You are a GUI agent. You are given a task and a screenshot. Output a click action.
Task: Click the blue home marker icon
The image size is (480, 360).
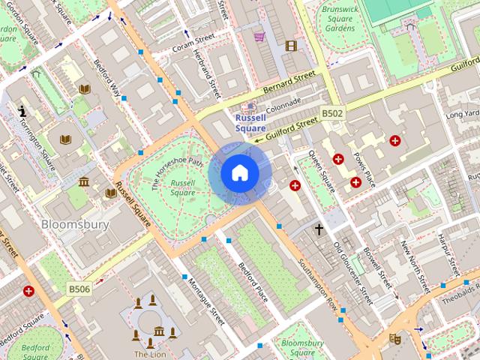click(240, 172)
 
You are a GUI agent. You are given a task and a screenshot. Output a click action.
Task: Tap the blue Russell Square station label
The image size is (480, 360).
click(250, 123)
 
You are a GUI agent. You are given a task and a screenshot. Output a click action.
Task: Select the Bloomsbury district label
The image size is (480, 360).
click(75, 224)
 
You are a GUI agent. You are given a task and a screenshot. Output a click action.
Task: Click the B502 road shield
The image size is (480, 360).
click(332, 113)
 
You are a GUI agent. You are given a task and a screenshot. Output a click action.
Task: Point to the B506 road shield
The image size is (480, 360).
click(79, 288)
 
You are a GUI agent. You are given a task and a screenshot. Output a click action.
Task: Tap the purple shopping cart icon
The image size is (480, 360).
click(259, 36)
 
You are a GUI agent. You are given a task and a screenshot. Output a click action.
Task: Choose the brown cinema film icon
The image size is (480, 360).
click(291, 46)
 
